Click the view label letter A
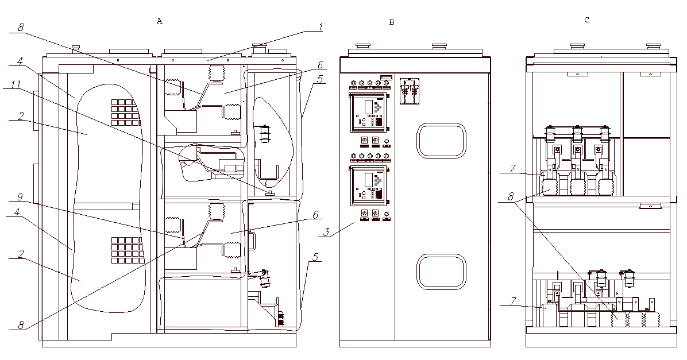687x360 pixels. point(160,21)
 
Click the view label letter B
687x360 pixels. point(392,22)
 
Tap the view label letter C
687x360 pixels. point(586,20)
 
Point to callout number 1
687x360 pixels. point(321,27)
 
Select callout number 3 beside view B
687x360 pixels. point(326,232)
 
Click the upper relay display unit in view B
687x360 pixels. point(369,113)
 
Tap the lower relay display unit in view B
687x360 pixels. point(369,185)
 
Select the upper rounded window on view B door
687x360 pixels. point(441,141)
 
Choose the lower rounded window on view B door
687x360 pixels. point(441,272)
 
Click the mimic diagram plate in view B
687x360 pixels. point(409,91)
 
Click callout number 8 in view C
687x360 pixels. point(511,198)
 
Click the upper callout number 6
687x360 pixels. point(321,65)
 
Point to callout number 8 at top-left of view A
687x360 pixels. point(21,28)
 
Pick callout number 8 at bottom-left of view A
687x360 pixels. point(21,326)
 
